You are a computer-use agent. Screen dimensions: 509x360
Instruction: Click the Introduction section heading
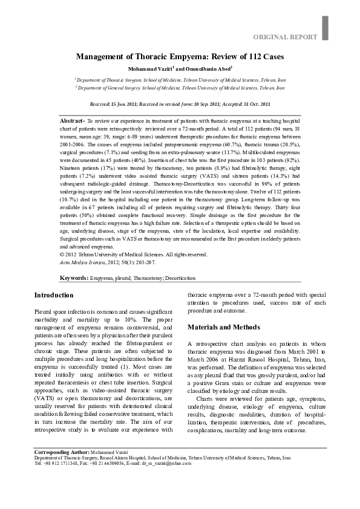(54, 295)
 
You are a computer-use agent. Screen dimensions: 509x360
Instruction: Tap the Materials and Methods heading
(223, 327)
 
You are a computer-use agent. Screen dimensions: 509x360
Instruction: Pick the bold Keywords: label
(74, 278)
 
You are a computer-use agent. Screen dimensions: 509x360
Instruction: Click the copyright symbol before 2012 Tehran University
(62, 254)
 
